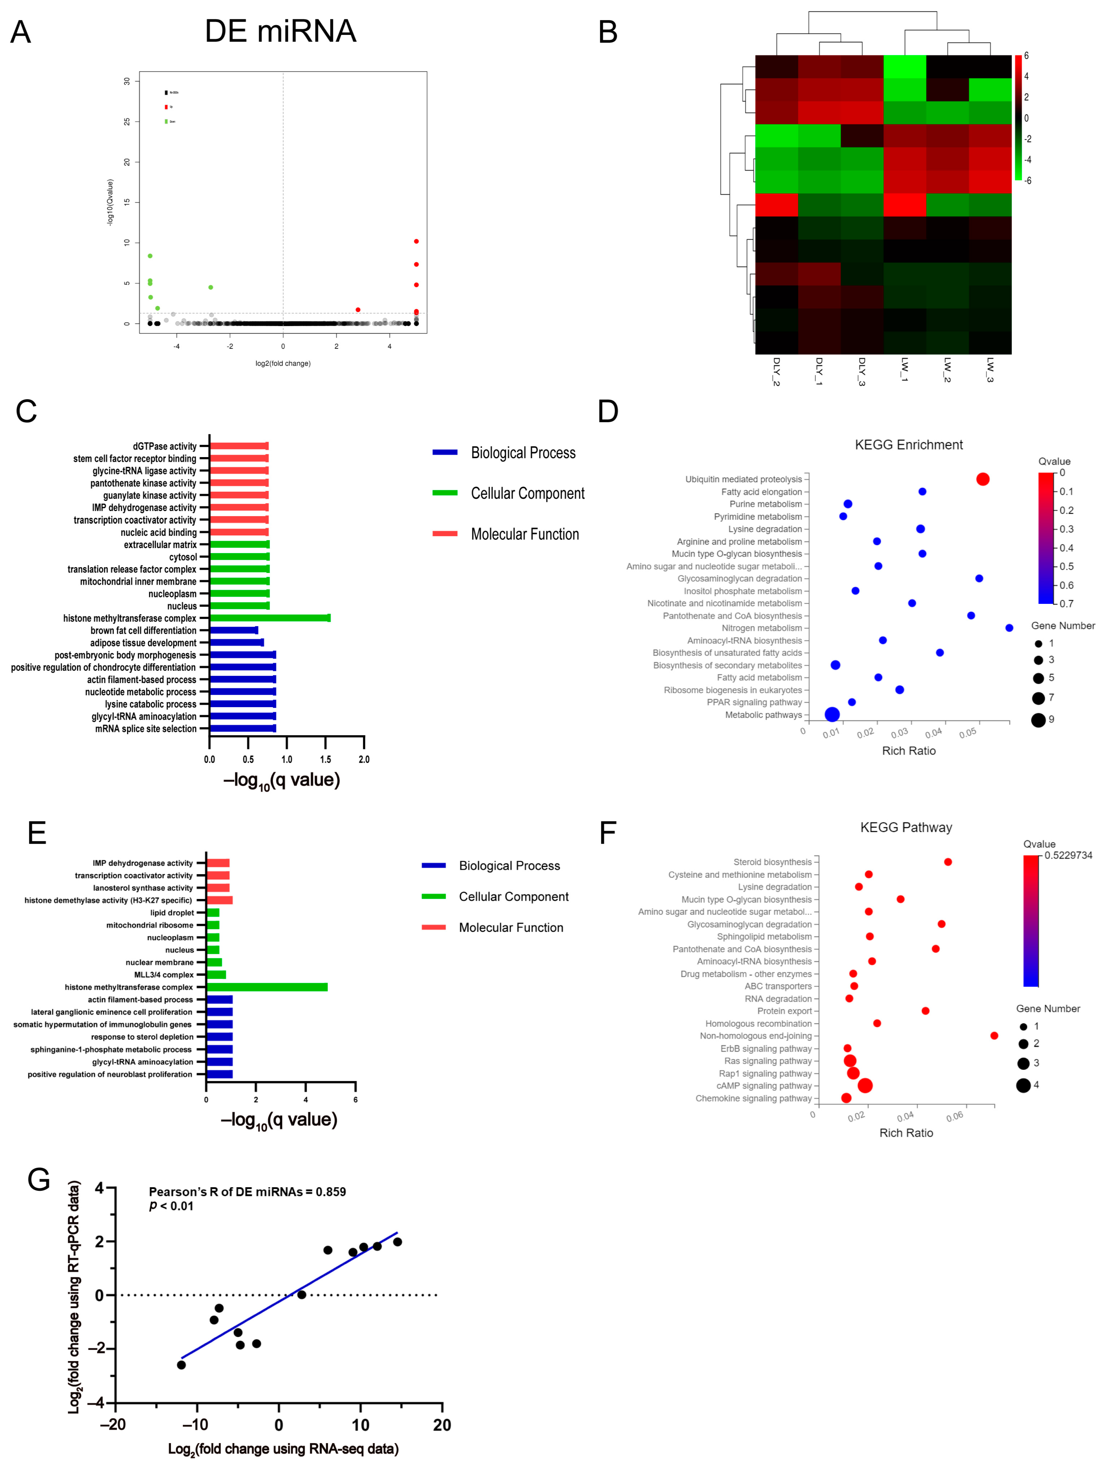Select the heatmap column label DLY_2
[776, 372]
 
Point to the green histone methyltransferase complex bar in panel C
[270, 618]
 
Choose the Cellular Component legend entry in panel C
[527, 493]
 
